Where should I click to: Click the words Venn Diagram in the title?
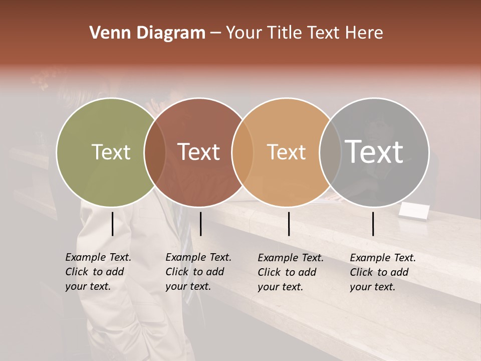coord(147,33)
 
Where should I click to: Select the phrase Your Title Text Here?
coord(304,33)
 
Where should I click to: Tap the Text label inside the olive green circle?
coord(111,152)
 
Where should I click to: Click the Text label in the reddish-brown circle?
coord(199,152)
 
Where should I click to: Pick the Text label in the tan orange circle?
coord(286,152)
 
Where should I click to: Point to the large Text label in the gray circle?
coord(374,152)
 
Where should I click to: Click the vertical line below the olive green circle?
coord(113,224)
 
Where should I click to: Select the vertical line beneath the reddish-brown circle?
coord(200,224)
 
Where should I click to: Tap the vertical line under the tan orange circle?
coord(289,224)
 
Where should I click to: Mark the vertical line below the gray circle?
coord(373,224)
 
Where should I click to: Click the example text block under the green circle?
coord(98,272)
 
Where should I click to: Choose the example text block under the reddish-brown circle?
coord(198,272)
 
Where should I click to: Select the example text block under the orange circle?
coord(291,272)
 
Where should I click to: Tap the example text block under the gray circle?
coord(383,272)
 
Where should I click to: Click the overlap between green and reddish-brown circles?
coord(155,152)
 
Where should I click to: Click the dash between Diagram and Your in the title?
coord(215,33)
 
